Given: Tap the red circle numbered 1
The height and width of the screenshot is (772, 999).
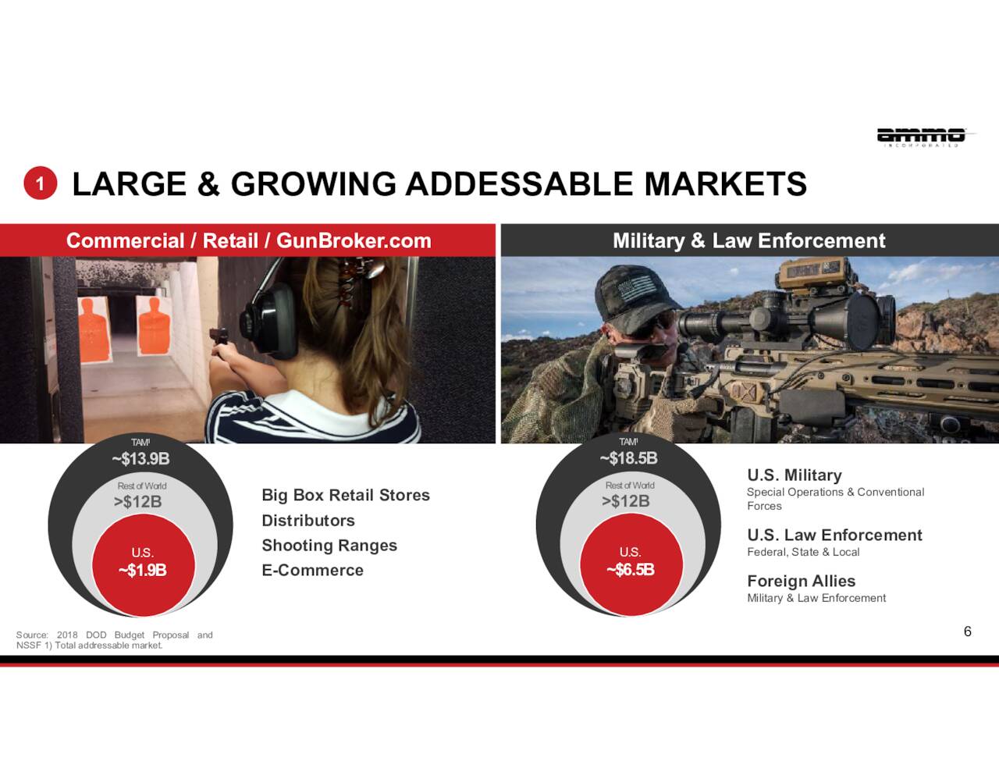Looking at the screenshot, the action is click(x=40, y=183).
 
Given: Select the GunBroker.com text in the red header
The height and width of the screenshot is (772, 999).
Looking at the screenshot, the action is click(x=354, y=240).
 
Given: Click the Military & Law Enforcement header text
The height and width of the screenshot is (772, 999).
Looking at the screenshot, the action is click(x=749, y=240).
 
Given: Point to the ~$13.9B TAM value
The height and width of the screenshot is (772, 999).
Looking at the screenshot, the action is click(x=140, y=458).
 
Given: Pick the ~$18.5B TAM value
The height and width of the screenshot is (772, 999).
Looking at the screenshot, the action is click(x=628, y=458).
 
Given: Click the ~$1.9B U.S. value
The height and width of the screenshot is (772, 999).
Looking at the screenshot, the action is click(x=143, y=570).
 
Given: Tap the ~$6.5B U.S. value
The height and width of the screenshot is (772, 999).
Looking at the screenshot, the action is click(x=631, y=570).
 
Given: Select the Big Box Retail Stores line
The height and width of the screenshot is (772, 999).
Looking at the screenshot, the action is click(x=346, y=495).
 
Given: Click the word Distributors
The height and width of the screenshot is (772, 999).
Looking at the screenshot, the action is click(x=308, y=520).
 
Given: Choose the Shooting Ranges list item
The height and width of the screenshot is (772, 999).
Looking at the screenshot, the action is click(x=329, y=546).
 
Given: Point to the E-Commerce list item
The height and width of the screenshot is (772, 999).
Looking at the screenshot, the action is click(x=313, y=570).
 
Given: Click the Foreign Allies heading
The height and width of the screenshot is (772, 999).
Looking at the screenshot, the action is click(x=802, y=581).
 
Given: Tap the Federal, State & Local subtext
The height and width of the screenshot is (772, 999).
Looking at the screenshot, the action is click(x=803, y=552).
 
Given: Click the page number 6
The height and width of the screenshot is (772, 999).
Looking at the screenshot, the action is click(x=967, y=631).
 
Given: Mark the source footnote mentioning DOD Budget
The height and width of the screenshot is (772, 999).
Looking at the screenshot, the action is click(x=115, y=640).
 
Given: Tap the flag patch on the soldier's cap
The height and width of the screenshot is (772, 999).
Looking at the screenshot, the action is click(x=636, y=286).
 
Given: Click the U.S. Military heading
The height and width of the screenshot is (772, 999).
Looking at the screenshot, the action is click(x=795, y=475).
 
